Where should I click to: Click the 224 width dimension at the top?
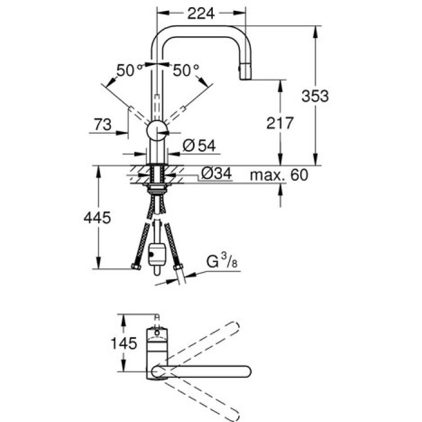[x=202, y=13]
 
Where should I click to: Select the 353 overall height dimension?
[x=315, y=95]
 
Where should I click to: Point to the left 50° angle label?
[x=128, y=71]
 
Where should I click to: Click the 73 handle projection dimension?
[x=104, y=124]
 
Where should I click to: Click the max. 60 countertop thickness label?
[x=279, y=175]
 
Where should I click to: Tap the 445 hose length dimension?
[x=96, y=218]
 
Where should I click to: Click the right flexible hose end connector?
[x=178, y=267]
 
